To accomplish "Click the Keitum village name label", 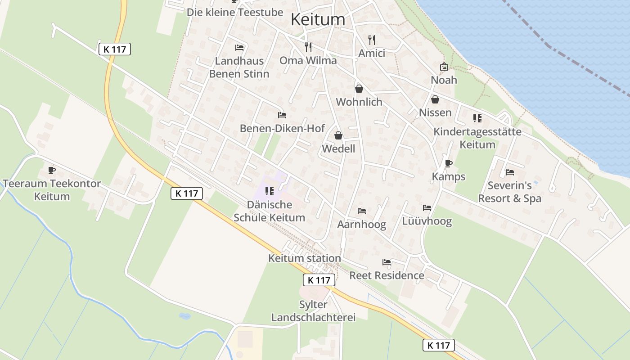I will click(x=318, y=19).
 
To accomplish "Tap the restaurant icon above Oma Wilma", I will click(x=308, y=47).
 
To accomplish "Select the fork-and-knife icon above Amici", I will click(x=372, y=40).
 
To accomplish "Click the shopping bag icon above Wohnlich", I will click(x=359, y=89).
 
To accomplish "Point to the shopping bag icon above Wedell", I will click(x=338, y=135).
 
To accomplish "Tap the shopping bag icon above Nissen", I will click(x=435, y=99).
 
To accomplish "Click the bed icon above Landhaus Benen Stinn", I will click(x=239, y=48).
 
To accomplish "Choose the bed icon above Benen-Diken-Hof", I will click(x=282, y=116).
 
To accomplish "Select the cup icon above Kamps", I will click(x=448, y=163).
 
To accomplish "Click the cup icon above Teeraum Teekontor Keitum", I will click(x=52, y=171).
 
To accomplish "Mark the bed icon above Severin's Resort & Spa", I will click(x=509, y=172).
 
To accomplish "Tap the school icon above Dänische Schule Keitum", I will click(x=270, y=191).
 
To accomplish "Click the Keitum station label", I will click(x=304, y=258).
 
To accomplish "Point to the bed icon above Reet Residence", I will click(x=387, y=262).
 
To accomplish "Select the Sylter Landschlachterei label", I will click(x=313, y=311).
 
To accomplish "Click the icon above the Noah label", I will click(x=444, y=67).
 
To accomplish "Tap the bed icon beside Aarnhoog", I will click(x=362, y=211).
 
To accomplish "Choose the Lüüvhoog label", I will click(x=427, y=221).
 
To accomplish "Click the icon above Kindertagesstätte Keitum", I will click(x=477, y=118).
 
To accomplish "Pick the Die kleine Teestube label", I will click(x=235, y=12).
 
